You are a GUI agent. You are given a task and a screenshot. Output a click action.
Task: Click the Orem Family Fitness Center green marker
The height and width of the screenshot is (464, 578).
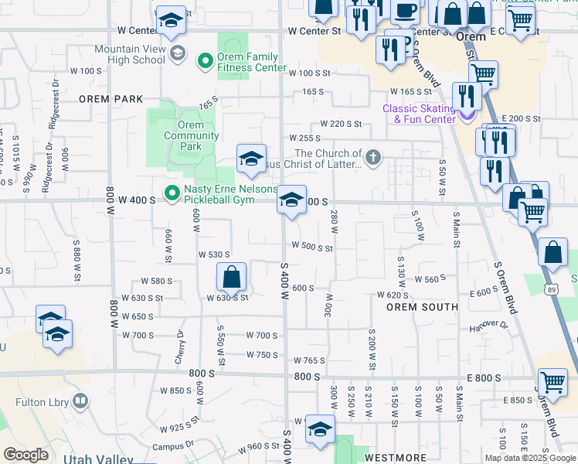click(206, 60)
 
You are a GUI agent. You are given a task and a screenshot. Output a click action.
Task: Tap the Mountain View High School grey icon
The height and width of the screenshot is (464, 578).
click(178, 53)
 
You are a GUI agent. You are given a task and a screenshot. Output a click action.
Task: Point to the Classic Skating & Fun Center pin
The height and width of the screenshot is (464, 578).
click(467, 116)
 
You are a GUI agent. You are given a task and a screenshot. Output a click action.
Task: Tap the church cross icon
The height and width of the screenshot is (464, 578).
click(373, 159)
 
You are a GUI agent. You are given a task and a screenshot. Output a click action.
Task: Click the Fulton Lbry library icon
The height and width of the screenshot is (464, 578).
click(80, 401)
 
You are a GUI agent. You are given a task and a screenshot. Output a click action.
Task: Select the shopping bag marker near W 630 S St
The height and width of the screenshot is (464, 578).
click(231, 278)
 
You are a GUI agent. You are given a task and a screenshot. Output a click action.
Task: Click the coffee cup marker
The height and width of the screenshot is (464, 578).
click(405, 11)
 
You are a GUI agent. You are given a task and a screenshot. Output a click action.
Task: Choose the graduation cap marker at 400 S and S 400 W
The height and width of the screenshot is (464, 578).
click(291, 201)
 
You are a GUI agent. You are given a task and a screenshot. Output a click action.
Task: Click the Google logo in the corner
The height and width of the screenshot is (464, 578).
click(25, 455)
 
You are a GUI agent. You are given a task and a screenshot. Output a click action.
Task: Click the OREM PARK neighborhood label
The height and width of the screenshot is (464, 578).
click(110, 99)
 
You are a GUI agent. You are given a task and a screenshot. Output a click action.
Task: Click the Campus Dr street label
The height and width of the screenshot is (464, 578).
click(173, 446)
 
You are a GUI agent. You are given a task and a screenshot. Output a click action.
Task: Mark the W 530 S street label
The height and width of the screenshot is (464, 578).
click(214, 254)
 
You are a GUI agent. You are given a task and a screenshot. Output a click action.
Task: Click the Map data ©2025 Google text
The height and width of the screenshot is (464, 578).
click(530, 458)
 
